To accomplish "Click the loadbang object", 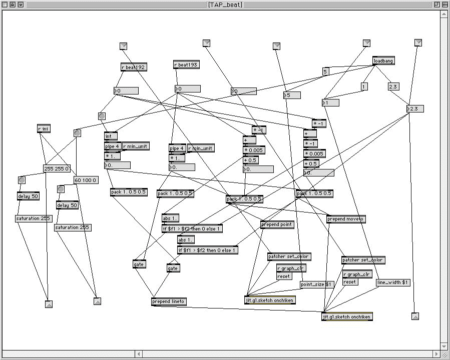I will pos(384,61).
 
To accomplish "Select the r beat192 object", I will pos(133,67).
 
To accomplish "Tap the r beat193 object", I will pos(186,64).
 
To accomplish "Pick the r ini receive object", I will pos(44,128).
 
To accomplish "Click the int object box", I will pos(111,136).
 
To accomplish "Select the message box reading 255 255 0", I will pos(57,168).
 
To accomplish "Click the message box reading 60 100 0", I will pos(86,180).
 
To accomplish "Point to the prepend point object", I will pos(277,224).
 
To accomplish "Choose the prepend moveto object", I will pos(346,219).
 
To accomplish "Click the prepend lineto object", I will pos(169,301).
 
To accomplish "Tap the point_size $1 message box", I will pos(316,284).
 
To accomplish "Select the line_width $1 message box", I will pos(393,282).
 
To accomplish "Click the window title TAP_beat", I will pos(225,4).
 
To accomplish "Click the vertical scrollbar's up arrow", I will pos(444,14).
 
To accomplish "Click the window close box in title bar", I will pos(5,4).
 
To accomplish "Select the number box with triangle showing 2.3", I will pos(415,109).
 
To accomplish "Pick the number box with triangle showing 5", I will pos(292,95).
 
